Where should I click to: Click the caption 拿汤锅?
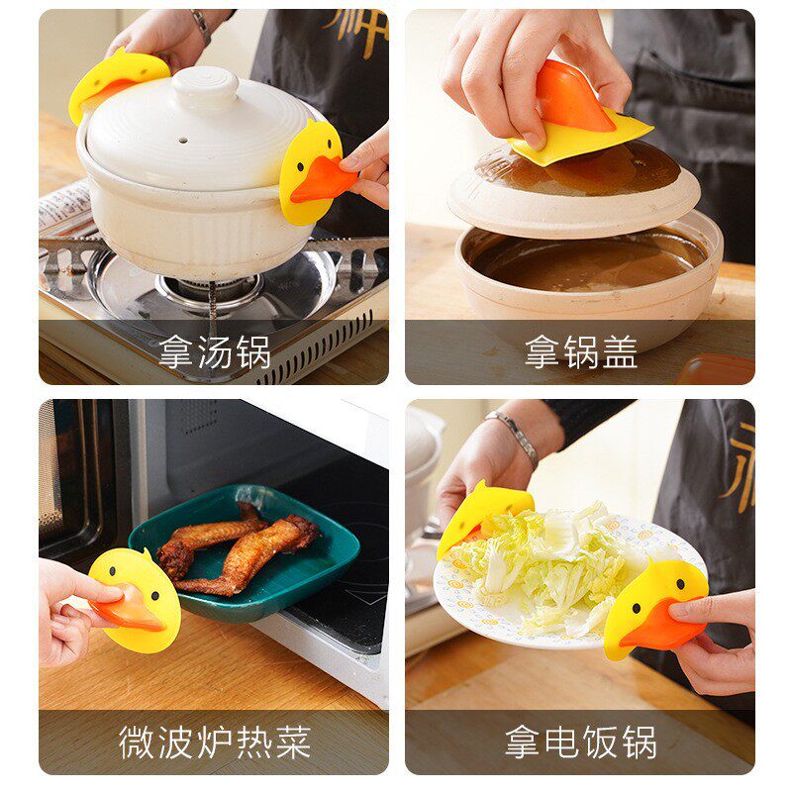tap(214, 351)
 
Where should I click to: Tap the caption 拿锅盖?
tap(580, 351)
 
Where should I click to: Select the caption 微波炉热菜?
tap(214, 741)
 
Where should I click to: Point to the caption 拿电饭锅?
tap(580, 741)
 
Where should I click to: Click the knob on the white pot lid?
tap(204, 87)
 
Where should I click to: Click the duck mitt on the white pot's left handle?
tap(115, 81)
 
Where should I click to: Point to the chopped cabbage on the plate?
tap(554, 564)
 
